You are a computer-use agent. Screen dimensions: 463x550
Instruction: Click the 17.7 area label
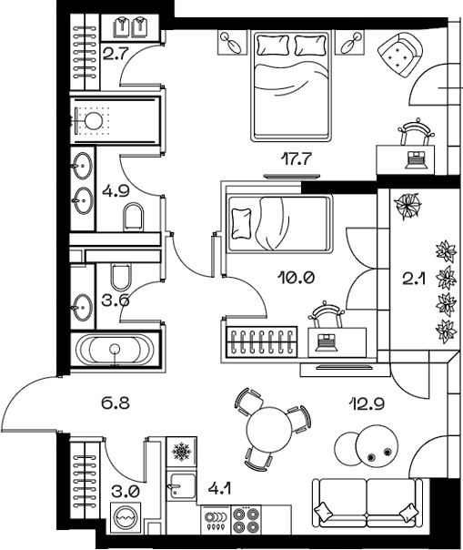click(297, 159)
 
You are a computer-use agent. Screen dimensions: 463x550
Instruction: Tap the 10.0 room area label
click(297, 278)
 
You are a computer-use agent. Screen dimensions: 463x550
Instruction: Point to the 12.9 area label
click(367, 404)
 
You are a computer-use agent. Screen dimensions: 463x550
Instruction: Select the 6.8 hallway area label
click(116, 403)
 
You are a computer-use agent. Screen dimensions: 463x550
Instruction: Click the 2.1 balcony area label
click(414, 280)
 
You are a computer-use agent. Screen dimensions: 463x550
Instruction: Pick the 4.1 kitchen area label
click(219, 489)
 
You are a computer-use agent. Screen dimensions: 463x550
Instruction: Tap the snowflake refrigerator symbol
click(181, 452)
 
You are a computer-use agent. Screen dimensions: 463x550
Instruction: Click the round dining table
click(269, 430)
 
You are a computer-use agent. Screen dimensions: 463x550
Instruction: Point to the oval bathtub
click(115, 350)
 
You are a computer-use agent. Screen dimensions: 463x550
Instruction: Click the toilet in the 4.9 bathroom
click(134, 217)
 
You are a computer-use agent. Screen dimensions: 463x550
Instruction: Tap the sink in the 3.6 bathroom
click(83, 307)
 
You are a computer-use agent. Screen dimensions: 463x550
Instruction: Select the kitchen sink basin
click(181, 486)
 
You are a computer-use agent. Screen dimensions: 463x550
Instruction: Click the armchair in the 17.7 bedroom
click(399, 55)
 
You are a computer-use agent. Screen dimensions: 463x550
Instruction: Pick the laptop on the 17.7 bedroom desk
click(416, 160)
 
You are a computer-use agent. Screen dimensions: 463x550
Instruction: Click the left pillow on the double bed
click(274, 45)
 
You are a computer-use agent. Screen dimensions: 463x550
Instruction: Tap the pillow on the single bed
click(242, 224)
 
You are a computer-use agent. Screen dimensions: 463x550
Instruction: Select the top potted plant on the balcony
click(407, 207)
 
